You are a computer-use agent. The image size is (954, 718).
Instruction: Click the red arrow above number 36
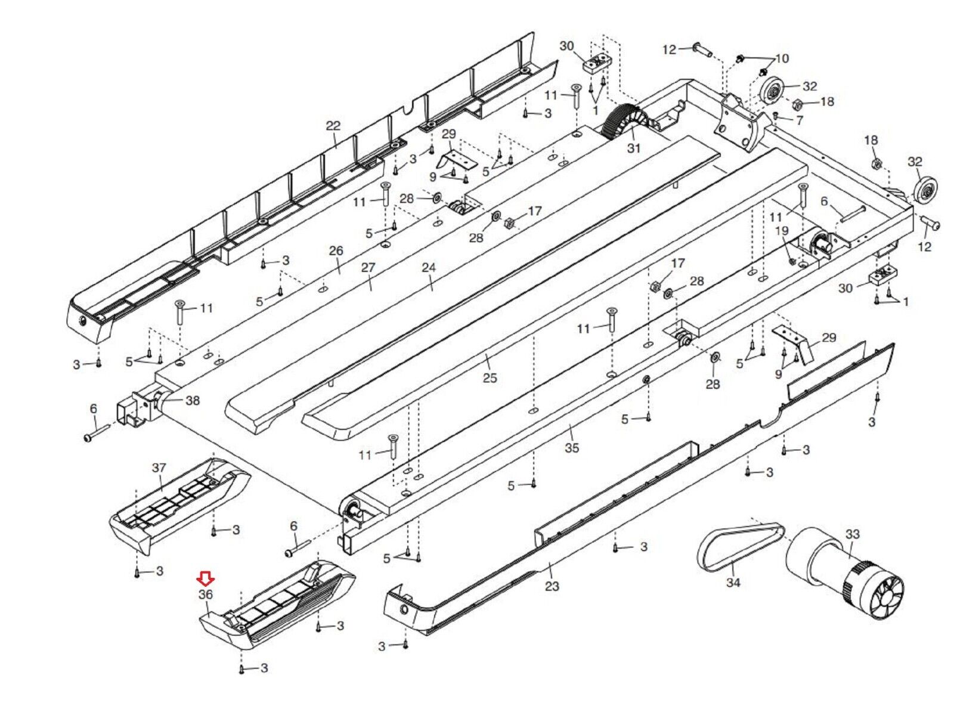[206, 577]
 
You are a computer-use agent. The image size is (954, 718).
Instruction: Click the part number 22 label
[333, 126]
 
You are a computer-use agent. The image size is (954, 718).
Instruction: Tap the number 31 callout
[633, 147]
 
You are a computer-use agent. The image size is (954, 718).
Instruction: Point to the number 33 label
[853, 534]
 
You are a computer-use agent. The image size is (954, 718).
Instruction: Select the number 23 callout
[552, 586]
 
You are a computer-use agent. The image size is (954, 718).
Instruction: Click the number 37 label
[159, 468]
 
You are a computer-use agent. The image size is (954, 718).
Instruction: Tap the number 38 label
[193, 400]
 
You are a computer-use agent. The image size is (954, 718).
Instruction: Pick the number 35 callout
[571, 447]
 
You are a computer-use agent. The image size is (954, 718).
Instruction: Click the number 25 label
[490, 378]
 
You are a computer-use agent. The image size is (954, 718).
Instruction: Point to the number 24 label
[429, 268]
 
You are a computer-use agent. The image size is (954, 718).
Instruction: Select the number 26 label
[336, 250]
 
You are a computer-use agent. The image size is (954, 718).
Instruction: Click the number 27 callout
[368, 268]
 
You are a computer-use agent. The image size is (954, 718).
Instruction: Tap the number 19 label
[781, 231]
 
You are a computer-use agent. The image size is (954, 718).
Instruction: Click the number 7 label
[800, 120]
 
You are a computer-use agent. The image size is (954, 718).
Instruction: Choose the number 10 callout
[781, 58]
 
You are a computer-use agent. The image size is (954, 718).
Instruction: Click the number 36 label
[206, 595]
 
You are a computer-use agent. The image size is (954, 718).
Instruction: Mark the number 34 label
[733, 582]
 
